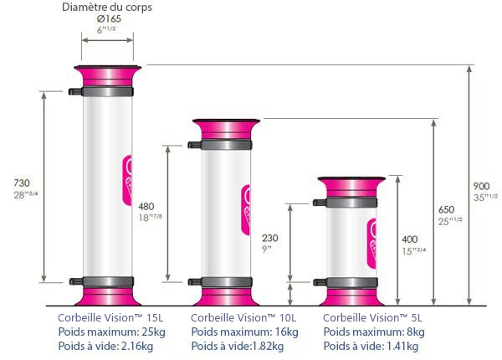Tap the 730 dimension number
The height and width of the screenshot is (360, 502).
pyautogui.click(x=23, y=183)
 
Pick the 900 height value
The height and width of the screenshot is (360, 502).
pyautogui.click(x=482, y=185)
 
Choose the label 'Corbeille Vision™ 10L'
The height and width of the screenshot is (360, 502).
pyautogui.click(x=243, y=318)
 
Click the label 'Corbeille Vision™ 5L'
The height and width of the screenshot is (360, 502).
pyautogui.click(x=371, y=318)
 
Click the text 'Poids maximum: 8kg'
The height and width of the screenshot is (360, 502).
pyautogui.click(x=373, y=332)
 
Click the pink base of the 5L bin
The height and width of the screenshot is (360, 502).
pyautogui.click(x=351, y=297)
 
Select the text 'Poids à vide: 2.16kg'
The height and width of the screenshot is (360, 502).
pyautogui.click(x=108, y=345)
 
